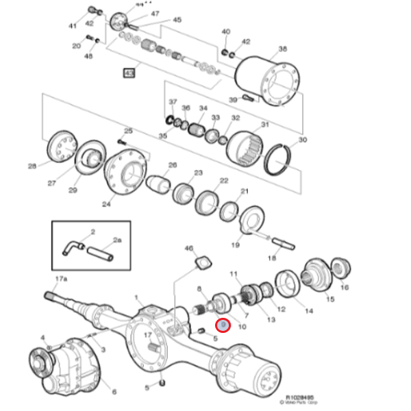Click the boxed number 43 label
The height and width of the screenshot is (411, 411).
[129, 72]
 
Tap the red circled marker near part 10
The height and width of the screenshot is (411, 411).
[223, 327]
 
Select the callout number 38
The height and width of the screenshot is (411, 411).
[283, 49]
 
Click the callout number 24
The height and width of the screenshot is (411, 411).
[106, 204]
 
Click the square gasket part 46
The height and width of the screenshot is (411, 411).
[202, 263]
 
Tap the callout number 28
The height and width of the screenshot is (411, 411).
[32, 166]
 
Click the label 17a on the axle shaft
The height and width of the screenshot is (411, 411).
[60, 279]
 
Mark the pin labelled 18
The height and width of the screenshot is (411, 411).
[282, 242]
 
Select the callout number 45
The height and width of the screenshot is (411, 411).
[177, 21]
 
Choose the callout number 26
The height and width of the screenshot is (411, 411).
[173, 165]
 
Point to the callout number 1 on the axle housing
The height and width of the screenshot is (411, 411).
[137, 298]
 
